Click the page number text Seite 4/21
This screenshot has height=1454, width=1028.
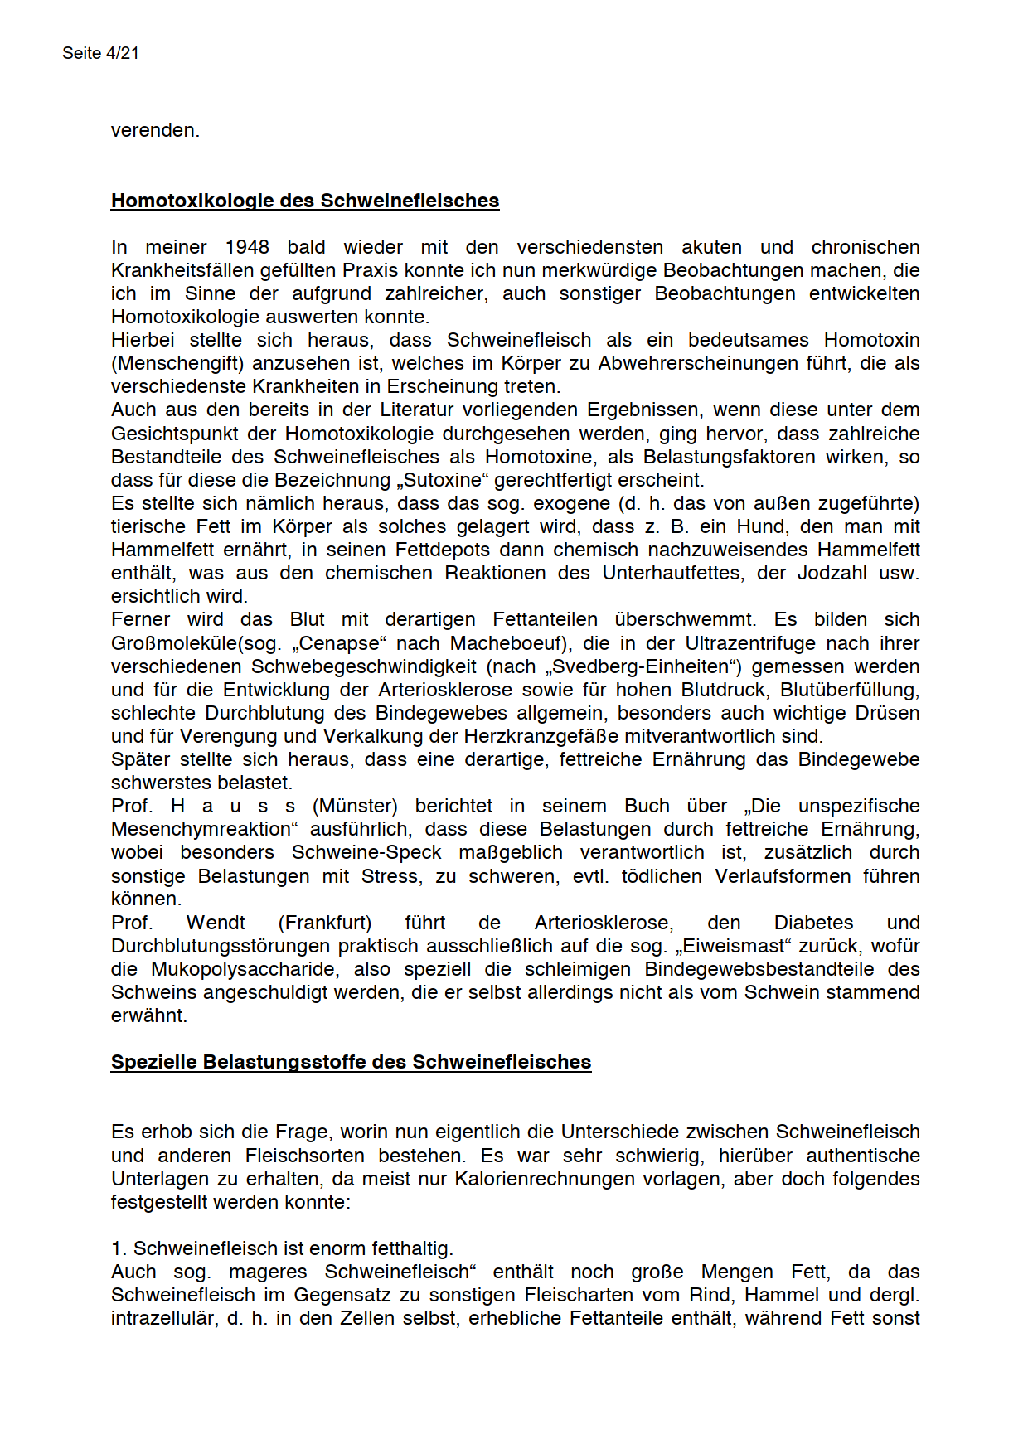[x=100, y=53]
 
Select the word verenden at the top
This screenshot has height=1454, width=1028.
[x=154, y=131]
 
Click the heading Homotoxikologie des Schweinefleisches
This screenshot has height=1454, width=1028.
[x=305, y=201]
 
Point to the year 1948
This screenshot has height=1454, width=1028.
[x=247, y=247]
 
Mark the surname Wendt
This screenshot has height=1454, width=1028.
[x=216, y=923]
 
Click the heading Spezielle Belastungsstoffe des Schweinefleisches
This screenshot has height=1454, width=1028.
[x=351, y=1062]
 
